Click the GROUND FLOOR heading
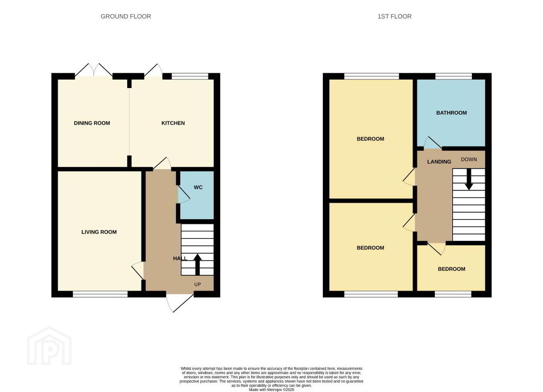[126, 16]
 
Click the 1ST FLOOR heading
[395, 16]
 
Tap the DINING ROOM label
[92, 123]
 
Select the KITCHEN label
[173, 123]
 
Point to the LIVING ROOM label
[99, 232]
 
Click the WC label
[198, 187]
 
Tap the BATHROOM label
[451, 112]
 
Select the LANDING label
[439, 162]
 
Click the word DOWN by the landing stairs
[469, 160]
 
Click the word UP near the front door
[197, 285]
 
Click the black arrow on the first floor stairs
[469, 179]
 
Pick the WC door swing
[183, 194]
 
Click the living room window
[100, 294]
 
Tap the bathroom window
[454, 76]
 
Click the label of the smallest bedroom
[451, 269]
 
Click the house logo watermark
[49, 346]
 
